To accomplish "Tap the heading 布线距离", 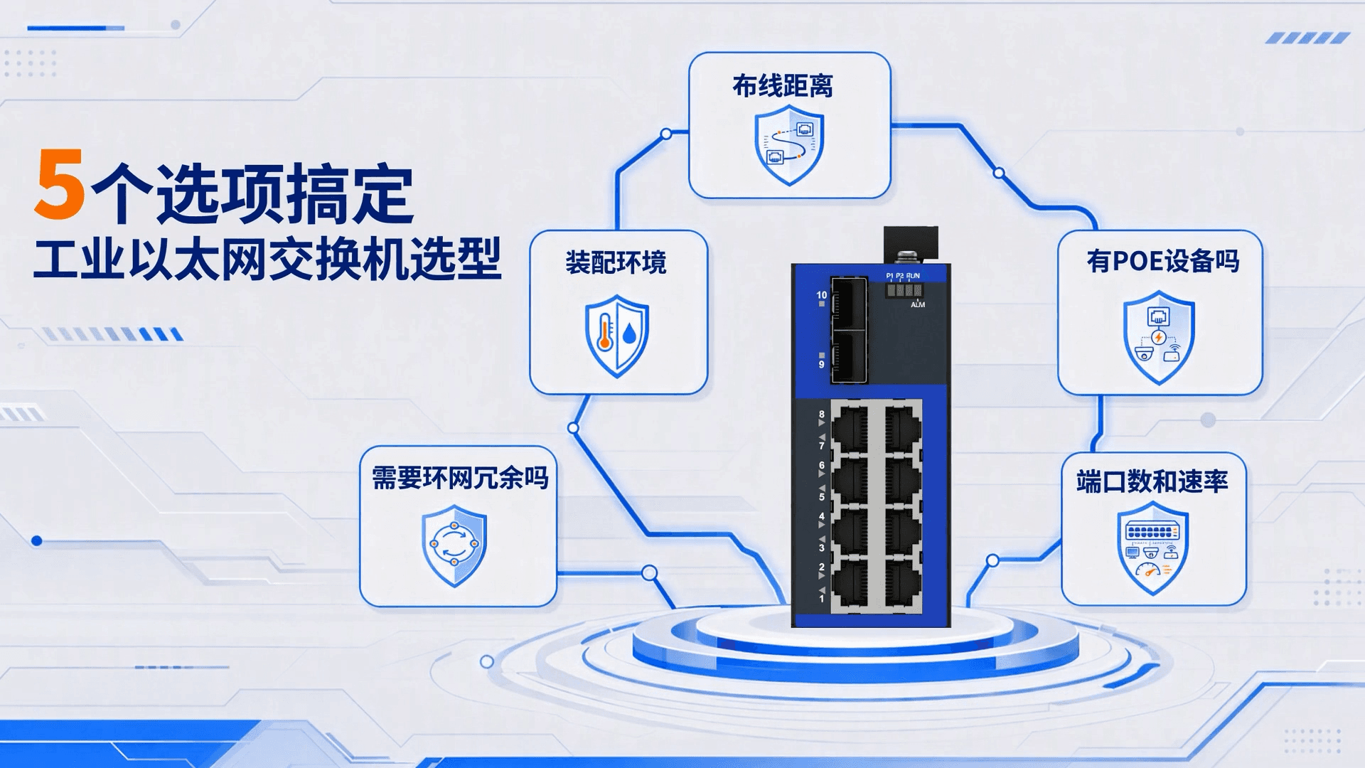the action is (783, 86).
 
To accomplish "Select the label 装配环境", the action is (616, 262).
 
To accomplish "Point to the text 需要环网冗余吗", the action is (460, 478).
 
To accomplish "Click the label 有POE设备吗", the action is (1162, 261).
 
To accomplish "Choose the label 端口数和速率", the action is (1152, 481).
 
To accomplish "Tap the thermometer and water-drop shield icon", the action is (616, 336).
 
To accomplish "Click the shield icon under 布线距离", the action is (789, 145).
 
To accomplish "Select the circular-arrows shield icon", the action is (454, 545).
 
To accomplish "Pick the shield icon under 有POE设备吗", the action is (1159, 337).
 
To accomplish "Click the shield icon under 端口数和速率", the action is (1152, 548).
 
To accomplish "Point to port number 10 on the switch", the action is (822, 294).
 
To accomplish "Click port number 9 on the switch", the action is (822, 364).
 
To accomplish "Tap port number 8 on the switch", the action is (822, 414).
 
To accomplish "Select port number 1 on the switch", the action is (822, 599).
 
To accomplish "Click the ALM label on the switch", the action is (918, 304).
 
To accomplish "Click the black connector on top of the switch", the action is (911, 245).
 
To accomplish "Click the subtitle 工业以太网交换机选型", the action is (267, 260).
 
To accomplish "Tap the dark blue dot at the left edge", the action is (37, 541).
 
